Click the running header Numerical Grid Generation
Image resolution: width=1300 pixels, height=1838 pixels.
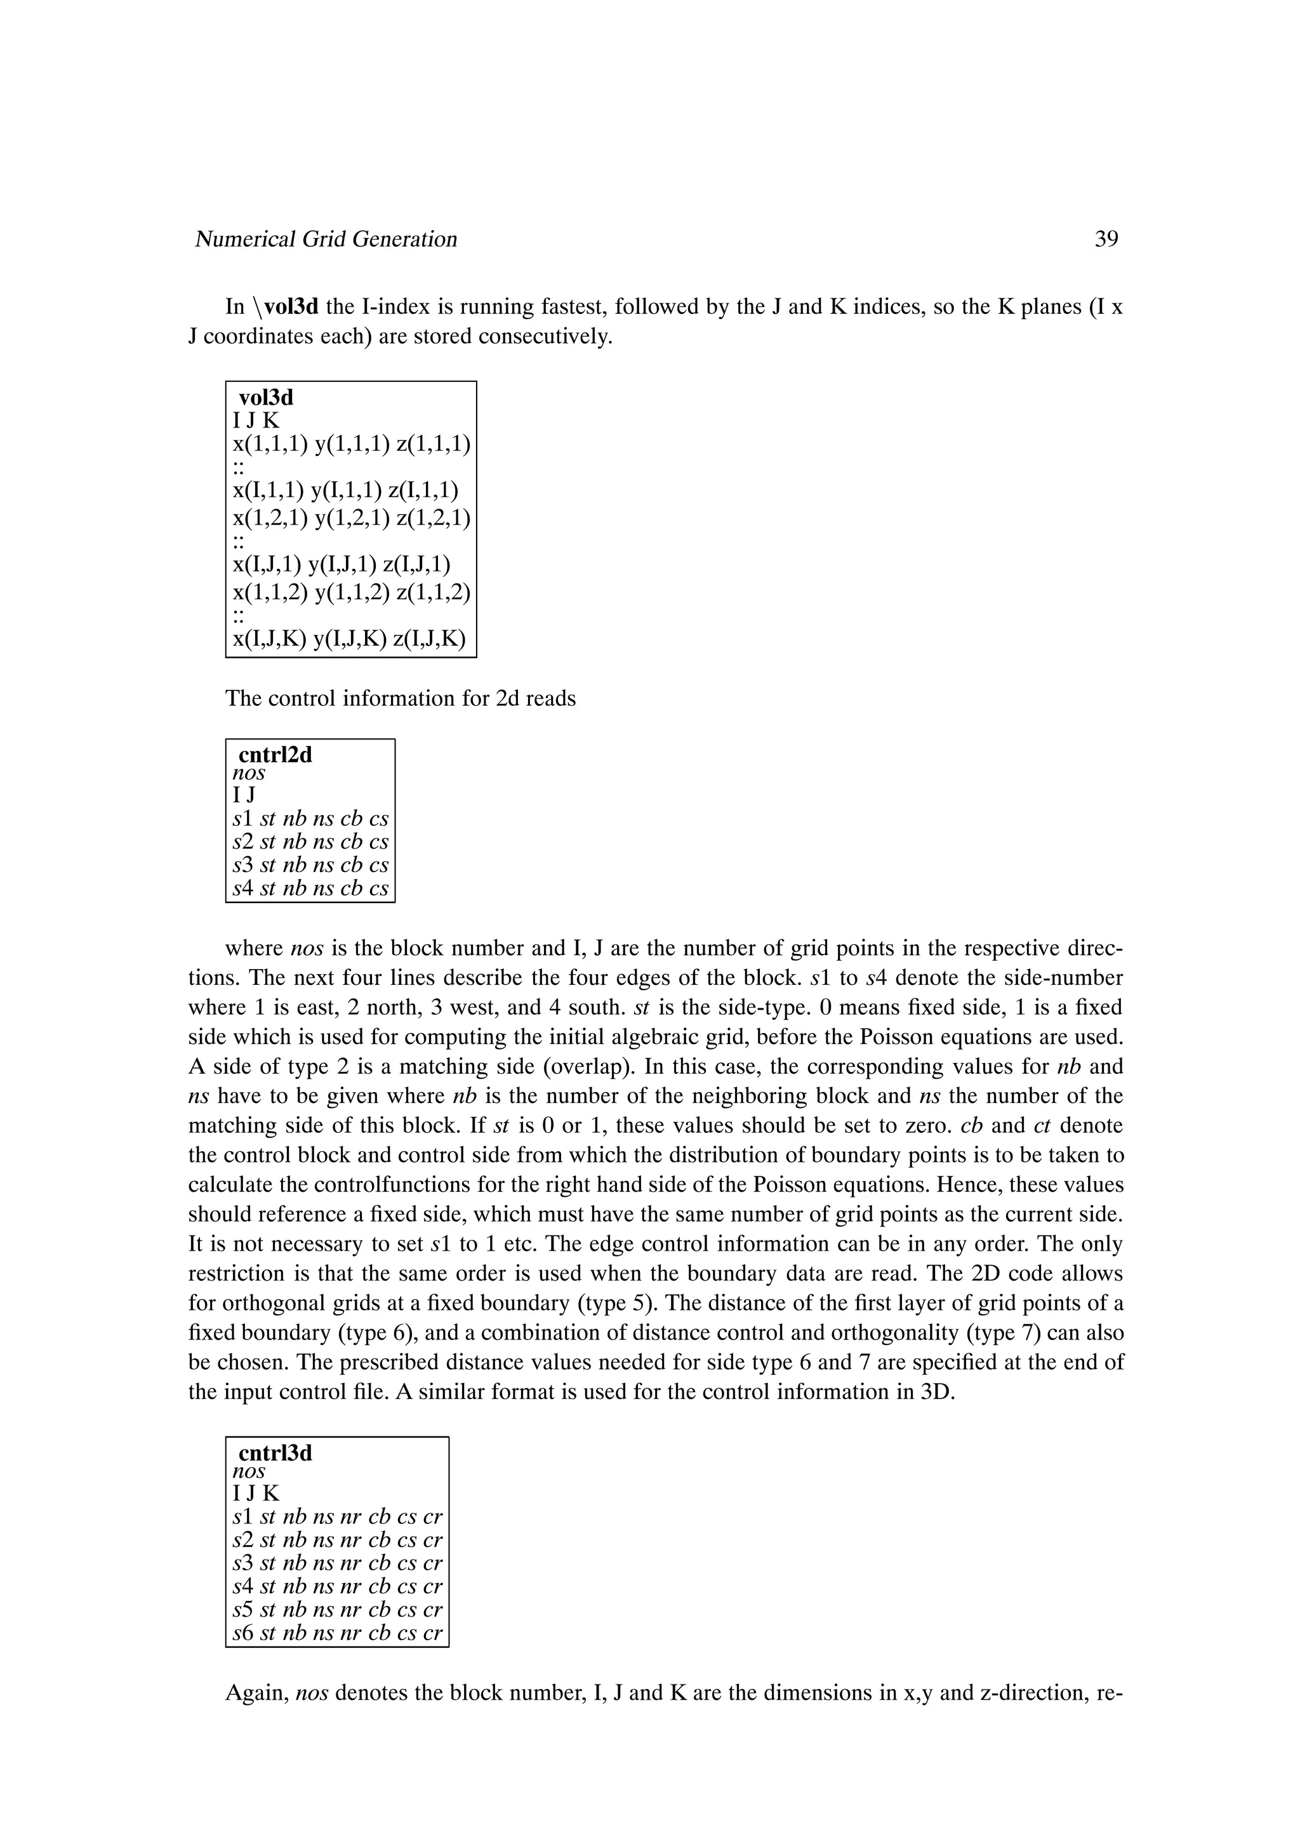[x=326, y=239]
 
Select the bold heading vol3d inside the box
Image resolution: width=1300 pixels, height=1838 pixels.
[x=266, y=397]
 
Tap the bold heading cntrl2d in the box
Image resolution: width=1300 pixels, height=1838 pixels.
[x=275, y=754]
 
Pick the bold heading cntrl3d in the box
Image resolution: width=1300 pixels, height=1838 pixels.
[x=275, y=1452]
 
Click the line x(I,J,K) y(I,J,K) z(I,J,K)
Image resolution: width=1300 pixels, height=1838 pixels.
[x=348, y=639]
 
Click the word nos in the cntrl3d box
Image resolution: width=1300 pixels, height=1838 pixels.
[x=248, y=1471]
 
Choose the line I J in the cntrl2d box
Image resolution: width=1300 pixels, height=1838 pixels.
[x=244, y=795]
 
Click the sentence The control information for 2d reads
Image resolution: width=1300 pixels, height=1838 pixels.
[x=401, y=699]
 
